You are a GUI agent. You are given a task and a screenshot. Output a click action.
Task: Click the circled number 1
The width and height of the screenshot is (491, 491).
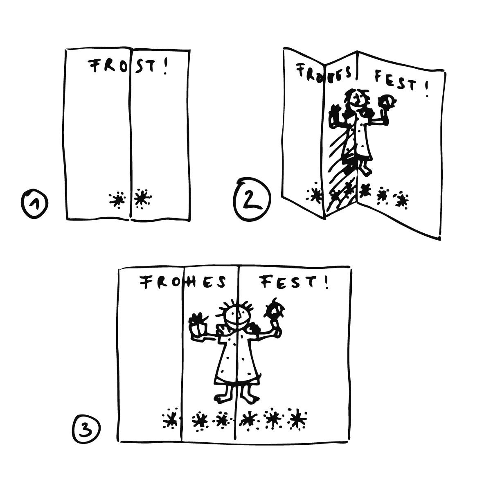[x=34, y=204]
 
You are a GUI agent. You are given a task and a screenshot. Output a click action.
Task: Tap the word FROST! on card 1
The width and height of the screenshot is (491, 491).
[x=128, y=66]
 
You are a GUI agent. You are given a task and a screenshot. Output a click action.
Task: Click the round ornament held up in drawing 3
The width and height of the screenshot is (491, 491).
[x=275, y=309]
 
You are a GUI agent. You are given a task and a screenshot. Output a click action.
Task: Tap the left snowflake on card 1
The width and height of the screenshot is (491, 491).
[x=117, y=200]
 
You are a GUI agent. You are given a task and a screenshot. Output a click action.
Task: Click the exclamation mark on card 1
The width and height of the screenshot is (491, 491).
[x=166, y=67]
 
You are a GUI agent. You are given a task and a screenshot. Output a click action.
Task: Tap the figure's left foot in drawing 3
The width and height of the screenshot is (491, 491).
[x=222, y=397]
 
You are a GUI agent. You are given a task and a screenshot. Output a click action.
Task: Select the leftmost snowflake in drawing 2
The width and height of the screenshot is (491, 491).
[x=315, y=194]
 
